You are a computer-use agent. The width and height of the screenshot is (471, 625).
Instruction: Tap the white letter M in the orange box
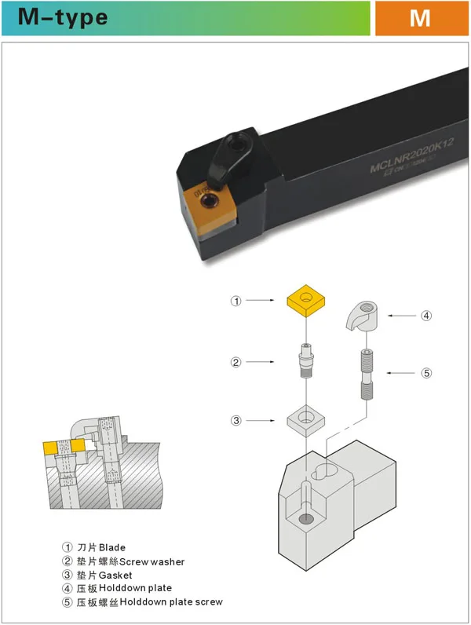(x=419, y=17)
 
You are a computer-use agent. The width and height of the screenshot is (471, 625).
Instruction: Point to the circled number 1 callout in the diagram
(x=235, y=301)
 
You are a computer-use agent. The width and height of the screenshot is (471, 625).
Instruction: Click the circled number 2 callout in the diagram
(x=235, y=362)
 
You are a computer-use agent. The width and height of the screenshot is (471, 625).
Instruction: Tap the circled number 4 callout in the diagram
(x=426, y=316)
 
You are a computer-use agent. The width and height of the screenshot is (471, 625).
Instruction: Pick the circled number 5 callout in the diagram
(x=426, y=373)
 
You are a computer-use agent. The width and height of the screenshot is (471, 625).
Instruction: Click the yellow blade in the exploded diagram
(x=308, y=301)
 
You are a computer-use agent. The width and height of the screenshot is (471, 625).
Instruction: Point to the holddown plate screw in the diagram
(x=365, y=375)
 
